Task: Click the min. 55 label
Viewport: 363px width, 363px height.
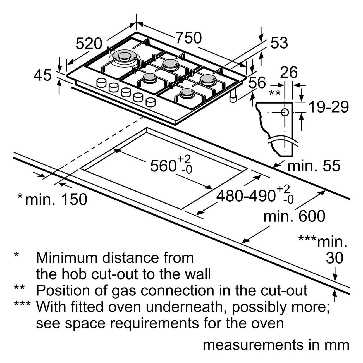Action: coord(314,166)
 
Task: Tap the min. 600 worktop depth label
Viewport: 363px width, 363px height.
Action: coord(294,217)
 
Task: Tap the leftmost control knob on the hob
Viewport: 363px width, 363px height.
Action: coord(102,83)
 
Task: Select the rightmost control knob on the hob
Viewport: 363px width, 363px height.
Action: coord(151,102)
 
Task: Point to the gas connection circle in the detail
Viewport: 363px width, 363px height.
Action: coord(285,112)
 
